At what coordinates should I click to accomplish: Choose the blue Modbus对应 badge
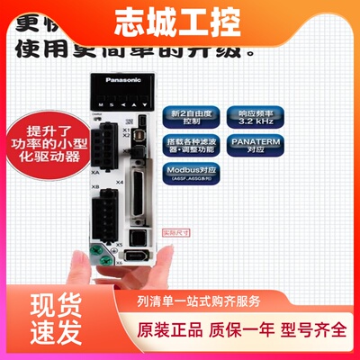pos(190,174)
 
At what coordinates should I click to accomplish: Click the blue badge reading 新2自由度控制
pos(188,121)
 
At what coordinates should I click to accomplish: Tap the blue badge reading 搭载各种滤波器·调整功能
pos(188,147)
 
